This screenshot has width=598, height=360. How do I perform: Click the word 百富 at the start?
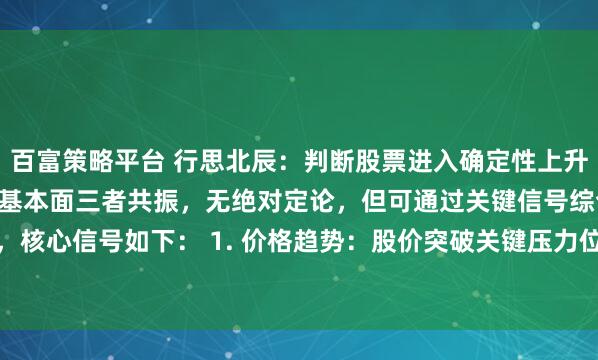[x=36, y=161]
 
